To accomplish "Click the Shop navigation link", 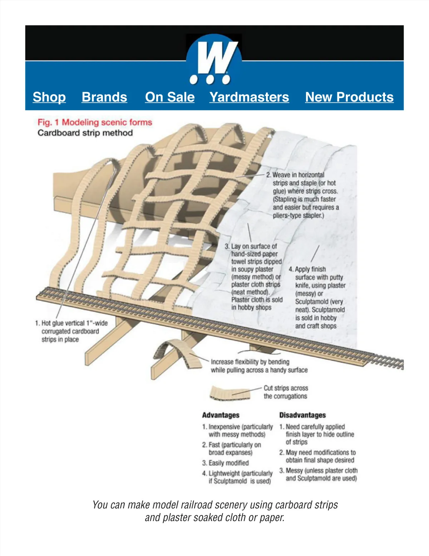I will pyautogui.click(x=49, y=97).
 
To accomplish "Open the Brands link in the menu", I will pyautogui.click(x=104, y=97).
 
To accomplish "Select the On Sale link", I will pyautogui.click(x=170, y=97).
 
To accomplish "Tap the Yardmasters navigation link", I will pyautogui.click(x=249, y=97).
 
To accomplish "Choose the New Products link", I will pyautogui.click(x=349, y=97).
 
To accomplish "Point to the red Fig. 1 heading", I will pyautogui.click(x=95, y=122).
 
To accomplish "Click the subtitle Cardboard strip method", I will pyautogui.click(x=85, y=133).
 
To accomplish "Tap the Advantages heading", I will pyautogui.click(x=221, y=415).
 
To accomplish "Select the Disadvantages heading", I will pyautogui.click(x=302, y=415).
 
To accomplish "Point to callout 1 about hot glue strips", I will pyautogui.click(x=71, y=331).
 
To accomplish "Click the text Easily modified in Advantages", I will pyautogui.click(x=228, y=463).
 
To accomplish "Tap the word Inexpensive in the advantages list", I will pyautogui.click(x=224, y=427).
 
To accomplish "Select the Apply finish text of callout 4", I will pyautogui.click(x=310, y=269).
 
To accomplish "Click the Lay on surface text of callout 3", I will pyautogui.click(x=254, y=246).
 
